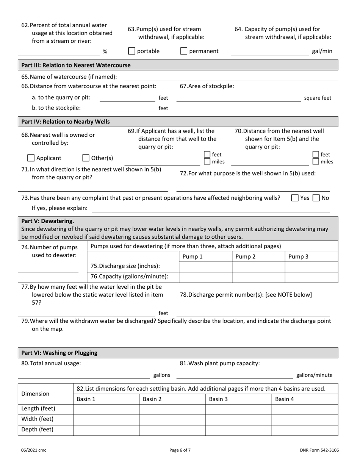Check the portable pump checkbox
(x=132, y=51)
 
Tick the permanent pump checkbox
(x=184, y=51)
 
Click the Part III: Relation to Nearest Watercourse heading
(x=76, y=65)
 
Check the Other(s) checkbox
(x=86, y=158)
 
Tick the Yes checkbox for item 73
(x=295, y=198)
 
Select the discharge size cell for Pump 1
(x=205, y=267)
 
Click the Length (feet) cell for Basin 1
(x=106, y=409)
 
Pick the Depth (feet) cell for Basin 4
(x=305, y=430)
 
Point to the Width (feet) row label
(x=38, y=419)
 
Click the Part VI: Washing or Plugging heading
(x=59, y=353)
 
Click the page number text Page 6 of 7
(x=180, y=450)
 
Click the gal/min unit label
(x=322, y=51)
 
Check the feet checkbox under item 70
(x=315, y=155)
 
